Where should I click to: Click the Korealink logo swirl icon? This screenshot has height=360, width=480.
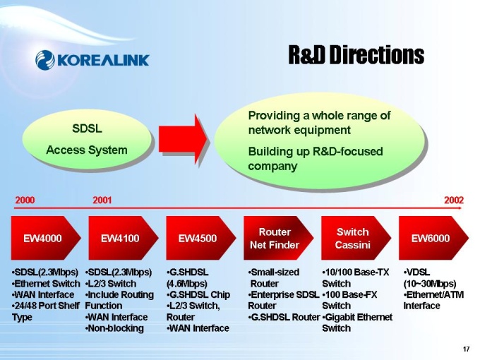tap(44, 59)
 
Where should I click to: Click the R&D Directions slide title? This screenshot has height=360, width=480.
tap(356, 54)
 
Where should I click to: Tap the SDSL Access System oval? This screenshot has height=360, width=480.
tap(87, 140)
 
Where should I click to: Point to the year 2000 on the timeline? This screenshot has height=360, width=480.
tap(25, 200)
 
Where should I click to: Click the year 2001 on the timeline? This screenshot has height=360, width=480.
tap(102, 200)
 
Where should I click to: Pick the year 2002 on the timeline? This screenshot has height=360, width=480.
tap(453, 200)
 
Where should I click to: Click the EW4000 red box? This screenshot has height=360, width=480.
tap(42, 239)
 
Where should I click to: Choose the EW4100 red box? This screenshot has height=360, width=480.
tap(120, 239)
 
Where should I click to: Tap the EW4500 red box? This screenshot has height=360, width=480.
tap(198, 239)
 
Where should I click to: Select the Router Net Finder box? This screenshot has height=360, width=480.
tap(275, 239)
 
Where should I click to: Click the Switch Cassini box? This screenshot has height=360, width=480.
tap(353, 239)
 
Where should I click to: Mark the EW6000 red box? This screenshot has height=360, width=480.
tap(431, 239)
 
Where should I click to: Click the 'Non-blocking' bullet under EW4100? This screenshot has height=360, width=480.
tap(116, 328)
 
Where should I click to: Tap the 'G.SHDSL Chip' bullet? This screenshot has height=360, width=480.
tap(200, 294)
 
